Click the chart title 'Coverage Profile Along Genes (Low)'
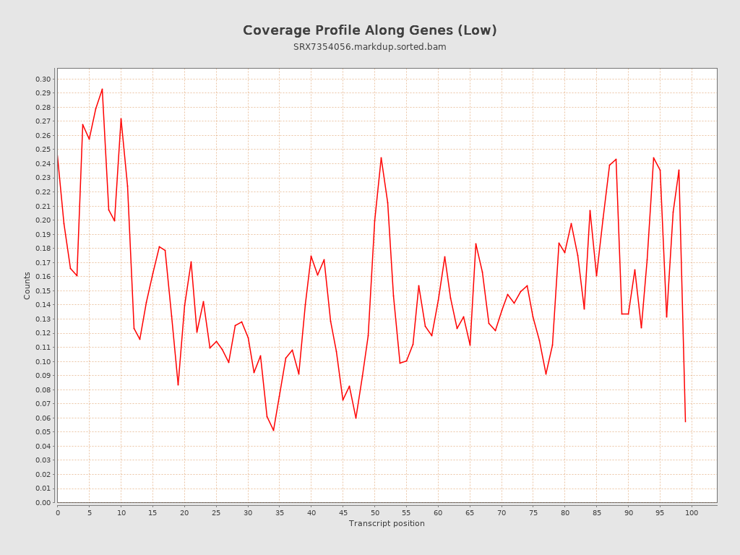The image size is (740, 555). tap(369, 30)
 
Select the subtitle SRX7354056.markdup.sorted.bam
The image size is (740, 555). tap(369, 47)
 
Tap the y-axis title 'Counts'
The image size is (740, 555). tap(27, 285)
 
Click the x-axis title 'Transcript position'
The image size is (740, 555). tap(387, 523)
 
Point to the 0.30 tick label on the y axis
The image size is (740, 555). tap(43, 79)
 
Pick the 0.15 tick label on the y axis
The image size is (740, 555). tap(43, 291)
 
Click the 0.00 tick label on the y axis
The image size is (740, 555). tap(43, 502)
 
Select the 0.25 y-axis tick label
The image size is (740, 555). tap(43, 150)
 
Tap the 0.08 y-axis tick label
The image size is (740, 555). tap(43, 390)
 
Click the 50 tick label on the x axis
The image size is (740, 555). tap(374, 512)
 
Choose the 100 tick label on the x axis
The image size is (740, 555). tap(692, 512)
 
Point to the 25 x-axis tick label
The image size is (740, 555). tap(216, 512)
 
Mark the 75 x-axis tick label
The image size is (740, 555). tap(533, 512)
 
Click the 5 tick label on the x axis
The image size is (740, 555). tap(90, 512)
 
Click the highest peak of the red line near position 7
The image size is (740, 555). tap(102, 89)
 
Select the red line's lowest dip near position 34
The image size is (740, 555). tap(273, 431)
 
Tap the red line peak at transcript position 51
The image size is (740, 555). tap(381, 158)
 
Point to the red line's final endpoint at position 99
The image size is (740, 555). tap(685, 421)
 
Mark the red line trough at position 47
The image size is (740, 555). tap(356, 418)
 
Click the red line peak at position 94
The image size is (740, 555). tap(653, 158)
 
